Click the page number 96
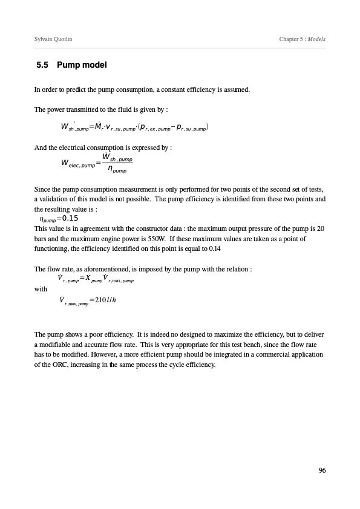[321, 470]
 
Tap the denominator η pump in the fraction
[113, 171]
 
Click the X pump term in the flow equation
[93, 279]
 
